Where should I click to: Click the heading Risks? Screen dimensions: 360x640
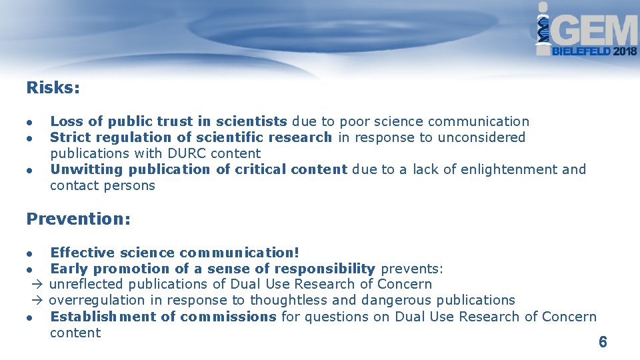coord(53,87)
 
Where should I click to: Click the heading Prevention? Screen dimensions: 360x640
coord(78,219)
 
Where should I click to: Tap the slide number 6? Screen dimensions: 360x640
coord(603,342)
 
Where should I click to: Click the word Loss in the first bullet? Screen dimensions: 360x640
coord(67,121)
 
